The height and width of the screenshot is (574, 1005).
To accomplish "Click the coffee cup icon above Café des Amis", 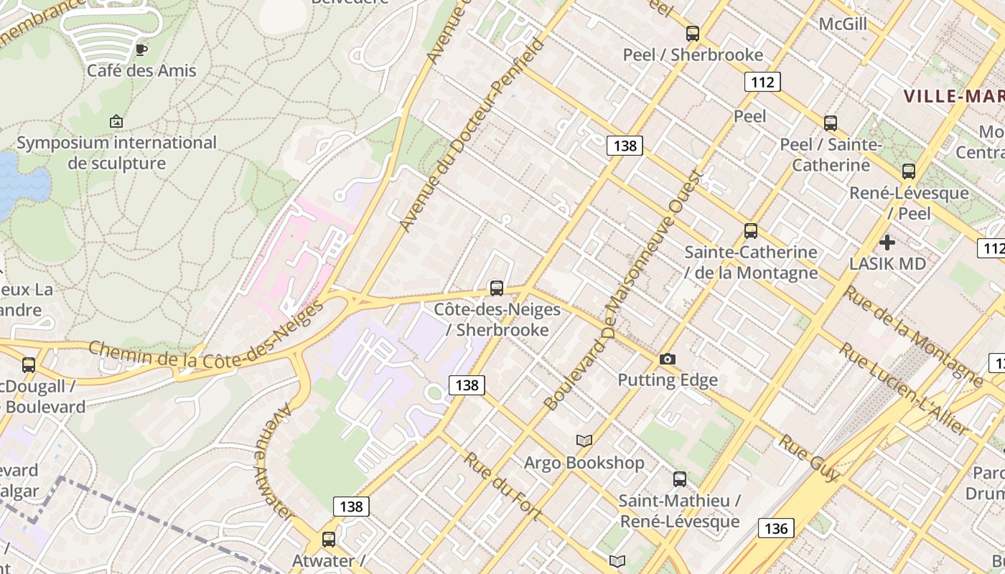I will (x=141, y=50).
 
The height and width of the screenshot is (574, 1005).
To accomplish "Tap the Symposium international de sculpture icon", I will (x=116, y=121).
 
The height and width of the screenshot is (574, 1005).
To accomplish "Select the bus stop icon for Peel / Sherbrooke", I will (x=692, y=33).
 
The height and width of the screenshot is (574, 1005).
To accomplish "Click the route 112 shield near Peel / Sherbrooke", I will (x=762, y=82).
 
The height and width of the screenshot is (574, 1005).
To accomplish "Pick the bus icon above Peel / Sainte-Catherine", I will (x=831, y=123).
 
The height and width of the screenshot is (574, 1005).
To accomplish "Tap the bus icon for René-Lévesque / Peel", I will (x=909, y=171).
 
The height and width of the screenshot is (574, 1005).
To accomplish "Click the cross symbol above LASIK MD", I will (x=887, y=243).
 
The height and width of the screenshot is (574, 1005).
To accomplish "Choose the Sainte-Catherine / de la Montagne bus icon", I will (x=751, y=230).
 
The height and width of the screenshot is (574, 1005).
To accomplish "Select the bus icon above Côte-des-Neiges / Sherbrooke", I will (x=496, y=288).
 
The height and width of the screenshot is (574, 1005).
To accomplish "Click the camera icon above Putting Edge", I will (x=668, y=359).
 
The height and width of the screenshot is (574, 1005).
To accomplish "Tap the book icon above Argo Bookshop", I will (x=584, y=441).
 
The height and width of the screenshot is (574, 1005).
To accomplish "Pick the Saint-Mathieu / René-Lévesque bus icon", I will (x=679, y=479).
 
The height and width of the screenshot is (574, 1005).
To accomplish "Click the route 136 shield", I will (x=776, y=529).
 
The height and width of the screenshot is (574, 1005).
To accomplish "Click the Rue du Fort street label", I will (x=502, y=486).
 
